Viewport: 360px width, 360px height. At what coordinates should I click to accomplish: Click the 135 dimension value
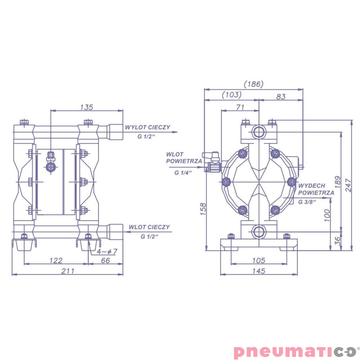(86, 107)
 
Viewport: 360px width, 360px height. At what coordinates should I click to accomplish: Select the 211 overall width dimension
(68, 271)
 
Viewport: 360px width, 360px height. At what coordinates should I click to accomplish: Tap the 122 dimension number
(56, 261)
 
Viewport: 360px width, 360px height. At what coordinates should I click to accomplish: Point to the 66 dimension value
(105, 261)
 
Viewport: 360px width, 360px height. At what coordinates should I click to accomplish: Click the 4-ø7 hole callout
(107, 252)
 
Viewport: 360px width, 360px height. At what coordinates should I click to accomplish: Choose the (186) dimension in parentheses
(253, 84)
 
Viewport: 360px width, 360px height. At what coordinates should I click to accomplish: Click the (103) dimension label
(232, 94)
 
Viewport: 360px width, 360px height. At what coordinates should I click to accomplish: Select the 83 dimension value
(281, 97)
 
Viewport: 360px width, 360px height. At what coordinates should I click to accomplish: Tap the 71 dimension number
(240, 107)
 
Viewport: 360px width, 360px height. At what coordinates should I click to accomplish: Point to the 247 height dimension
(348, 185)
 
